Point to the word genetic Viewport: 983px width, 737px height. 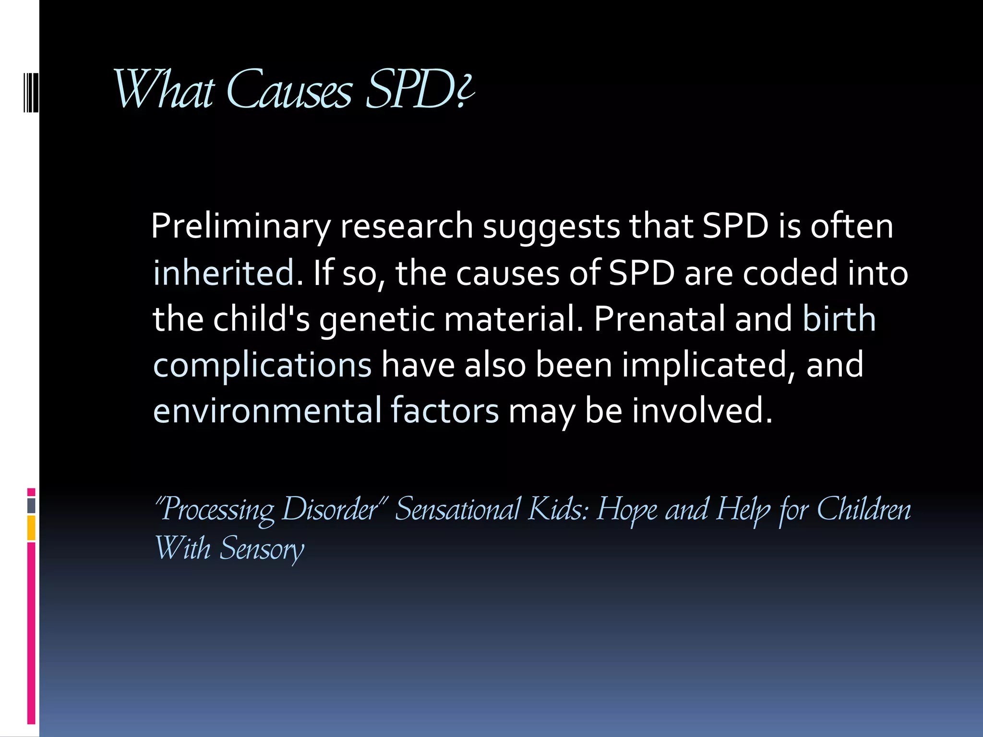pyautogui.click(x=377, y=319)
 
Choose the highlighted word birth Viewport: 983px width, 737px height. pyautogui.click(x=839, y=319)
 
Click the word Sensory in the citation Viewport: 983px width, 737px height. pyautogui.click(x=262, y=549)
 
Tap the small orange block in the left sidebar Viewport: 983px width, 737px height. pyautogui.click(x=31, y=528)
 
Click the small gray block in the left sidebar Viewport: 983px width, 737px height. pyautogui.click(x=31, y=506)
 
